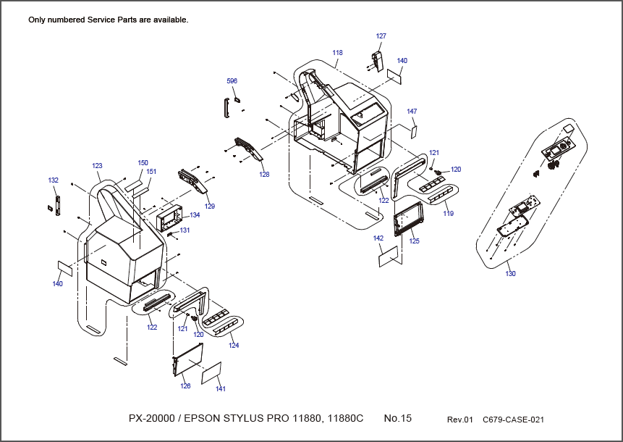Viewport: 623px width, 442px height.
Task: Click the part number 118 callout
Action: click(337, 53)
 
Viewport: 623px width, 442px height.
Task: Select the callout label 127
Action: click(381, 36)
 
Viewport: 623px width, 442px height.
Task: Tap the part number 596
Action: click(232, 81)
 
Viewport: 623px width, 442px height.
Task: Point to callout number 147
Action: click(412, 112)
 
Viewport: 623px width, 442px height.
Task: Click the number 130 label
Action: click(511, 273)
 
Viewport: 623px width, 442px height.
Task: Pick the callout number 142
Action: click(378, 238)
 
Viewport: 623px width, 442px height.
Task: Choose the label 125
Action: click(414, 241)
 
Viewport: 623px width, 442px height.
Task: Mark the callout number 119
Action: click(449, 214)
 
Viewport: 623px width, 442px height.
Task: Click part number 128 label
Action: click(264, 174)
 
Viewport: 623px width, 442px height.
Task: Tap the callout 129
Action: click(210, 207)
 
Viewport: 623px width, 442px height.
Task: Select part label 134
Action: click(195, 215)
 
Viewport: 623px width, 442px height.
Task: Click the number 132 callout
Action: click(53, 180)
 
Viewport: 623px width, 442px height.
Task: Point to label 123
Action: click(97, 166)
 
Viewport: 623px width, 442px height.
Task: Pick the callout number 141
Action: click(221, 389)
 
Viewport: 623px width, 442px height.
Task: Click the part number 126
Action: click(185, 386)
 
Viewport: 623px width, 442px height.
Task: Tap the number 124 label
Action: click(234, 346)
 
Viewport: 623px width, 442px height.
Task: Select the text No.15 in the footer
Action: click(397, 419)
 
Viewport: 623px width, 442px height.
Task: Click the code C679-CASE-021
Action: click(513, 420)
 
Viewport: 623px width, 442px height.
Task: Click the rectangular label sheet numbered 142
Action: click(389, 256)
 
